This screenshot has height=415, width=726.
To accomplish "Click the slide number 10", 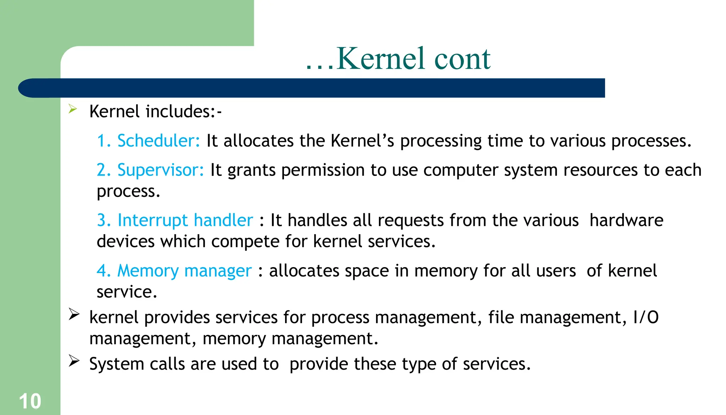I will pyautogui.click(x=30, y=401).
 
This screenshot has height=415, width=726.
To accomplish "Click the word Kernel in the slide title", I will pyautogui.click(x=380, y=59).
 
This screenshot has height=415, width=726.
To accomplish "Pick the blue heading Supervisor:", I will pyautogui.click(x=161, y=170).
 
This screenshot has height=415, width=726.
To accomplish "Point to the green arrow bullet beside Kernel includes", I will pyautogui.click(x=73, y=109).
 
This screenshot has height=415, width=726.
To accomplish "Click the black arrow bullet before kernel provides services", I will pyautogui.click(x=74, y=314).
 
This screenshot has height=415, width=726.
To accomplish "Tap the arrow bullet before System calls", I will pyautogui.click(x=74, y=361).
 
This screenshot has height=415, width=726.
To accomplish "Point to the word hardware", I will pyautogui.click(x=626, y=220).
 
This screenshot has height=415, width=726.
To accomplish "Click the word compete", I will pyautogui.click(x=245, y=242).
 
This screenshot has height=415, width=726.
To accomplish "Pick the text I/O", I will pyautogui.click(x=646, y=317).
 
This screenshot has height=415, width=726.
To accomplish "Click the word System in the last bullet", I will pyautogui.click(x=117, y=364).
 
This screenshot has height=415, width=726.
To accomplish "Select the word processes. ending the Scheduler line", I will pyautogui.click(x=651, y=141).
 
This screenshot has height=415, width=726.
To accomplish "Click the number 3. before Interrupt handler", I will pyautogui.click(x=104, y=220).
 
